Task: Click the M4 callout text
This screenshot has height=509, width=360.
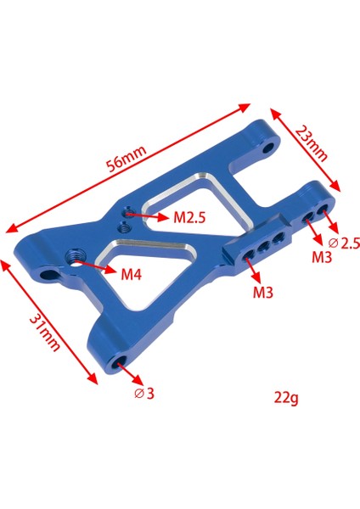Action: coord(130,274)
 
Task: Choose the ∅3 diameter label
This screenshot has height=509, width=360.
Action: coord(145,393)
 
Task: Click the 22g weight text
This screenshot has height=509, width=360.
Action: coord(286,395)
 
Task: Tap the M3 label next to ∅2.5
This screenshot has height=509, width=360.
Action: coord(320,257)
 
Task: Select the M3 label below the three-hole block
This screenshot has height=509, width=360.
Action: coord(262,294)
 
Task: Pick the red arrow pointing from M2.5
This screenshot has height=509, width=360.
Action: coord(148,216)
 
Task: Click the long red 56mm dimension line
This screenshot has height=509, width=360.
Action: coord(127,167)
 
